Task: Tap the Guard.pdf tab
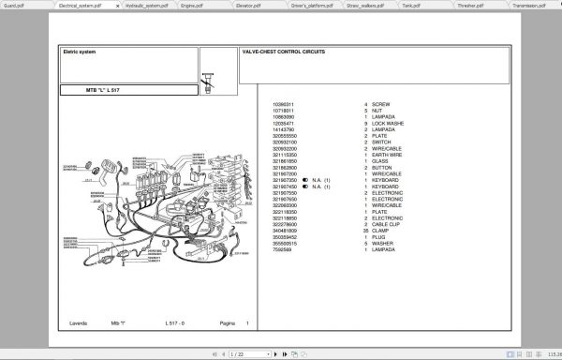pos(13,5)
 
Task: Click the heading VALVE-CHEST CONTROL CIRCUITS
pos(283,52)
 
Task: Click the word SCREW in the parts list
pos(380,104)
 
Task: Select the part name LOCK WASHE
pos(388,123)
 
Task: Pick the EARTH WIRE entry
pos(388,154)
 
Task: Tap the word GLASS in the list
pos(380,160)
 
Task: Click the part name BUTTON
pos(382,167)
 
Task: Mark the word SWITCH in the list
pos(382,142)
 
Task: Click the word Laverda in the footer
pos(78,322)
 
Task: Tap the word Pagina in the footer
pos(227,322)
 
